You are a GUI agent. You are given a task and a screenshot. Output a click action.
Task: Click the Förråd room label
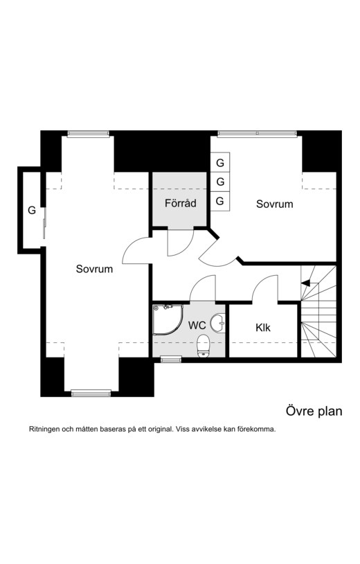[x=181, y=203]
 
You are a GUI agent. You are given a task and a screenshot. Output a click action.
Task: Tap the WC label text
[x=197, y=326]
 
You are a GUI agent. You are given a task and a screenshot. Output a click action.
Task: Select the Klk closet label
[x=263, y=328]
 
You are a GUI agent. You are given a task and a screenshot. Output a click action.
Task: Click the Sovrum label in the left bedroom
[x=94, y=269]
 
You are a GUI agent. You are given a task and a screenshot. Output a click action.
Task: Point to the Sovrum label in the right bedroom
[x=274, y=204]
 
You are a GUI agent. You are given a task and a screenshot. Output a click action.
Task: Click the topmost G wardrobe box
[x=220, y=162]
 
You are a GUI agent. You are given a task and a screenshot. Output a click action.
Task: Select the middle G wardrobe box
[x=220, y=182]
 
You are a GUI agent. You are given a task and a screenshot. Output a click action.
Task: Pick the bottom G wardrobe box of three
[x=220, y=201]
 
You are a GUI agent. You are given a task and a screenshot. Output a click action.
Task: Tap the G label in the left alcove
[x=32, y=211]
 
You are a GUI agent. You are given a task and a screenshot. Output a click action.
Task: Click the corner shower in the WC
[x=168, y=320]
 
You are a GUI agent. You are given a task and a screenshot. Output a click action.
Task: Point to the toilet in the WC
[x=204, y=346]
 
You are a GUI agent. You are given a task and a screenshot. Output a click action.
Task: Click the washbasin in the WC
[x=217, y=323]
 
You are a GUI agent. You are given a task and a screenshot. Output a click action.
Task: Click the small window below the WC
[x=171, y=359]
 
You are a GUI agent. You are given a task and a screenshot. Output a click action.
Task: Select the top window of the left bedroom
[x=88, y=134]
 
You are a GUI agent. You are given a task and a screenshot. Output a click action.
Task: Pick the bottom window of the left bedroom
[x=91, y=393]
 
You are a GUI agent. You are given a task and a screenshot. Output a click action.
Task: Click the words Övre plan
[x=314, y=411]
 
